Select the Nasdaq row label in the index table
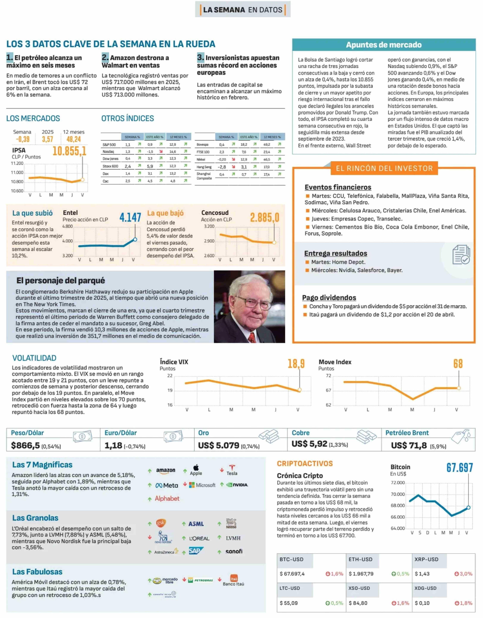[108, 152]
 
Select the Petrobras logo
[201, 580]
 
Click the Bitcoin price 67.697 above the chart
[460, 468]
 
